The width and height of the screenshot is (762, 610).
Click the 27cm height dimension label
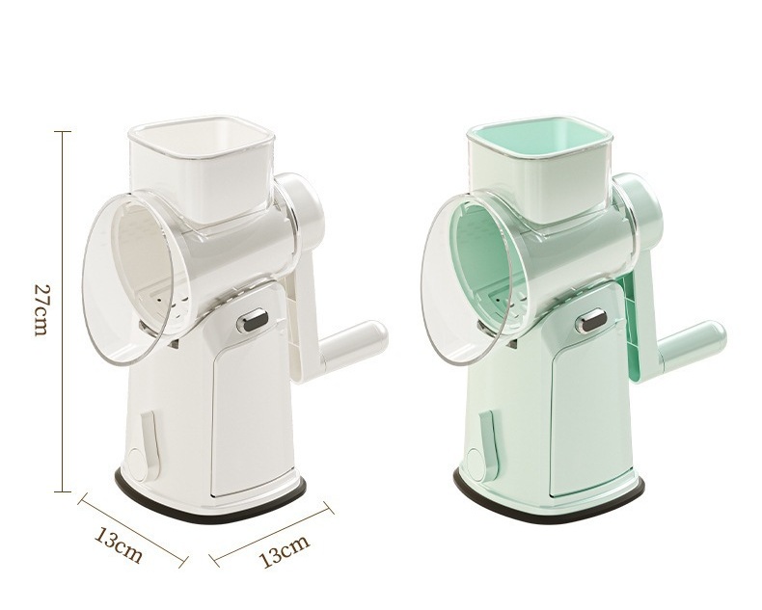(x=41, y=309)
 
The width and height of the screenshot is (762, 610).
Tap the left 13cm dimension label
(x=118, y=545)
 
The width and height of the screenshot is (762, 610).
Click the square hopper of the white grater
(x=202, y=168)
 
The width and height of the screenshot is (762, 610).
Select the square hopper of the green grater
(x=539, y=168)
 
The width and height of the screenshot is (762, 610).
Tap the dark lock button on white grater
(x=253, y=322)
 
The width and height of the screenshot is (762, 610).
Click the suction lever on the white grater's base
(x=146, y=443)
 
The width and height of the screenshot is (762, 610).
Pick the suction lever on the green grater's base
(x=484, y=443)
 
